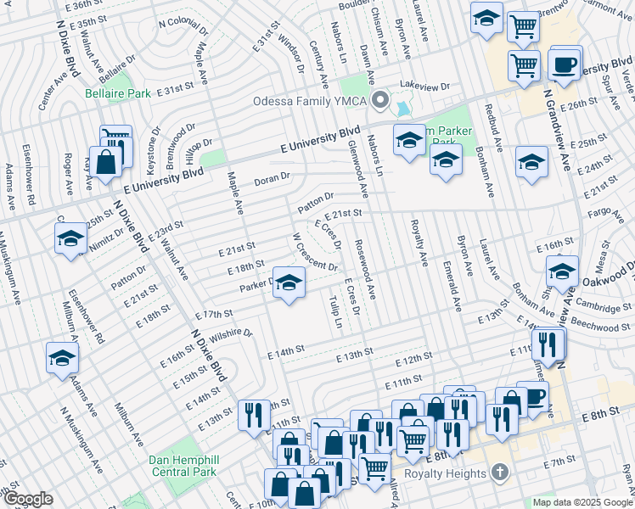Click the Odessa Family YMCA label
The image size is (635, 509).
point(312,102)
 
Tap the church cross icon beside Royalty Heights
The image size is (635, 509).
point(501,472)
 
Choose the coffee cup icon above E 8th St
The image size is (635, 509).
point(532,397)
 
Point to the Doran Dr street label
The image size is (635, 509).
point(273,179)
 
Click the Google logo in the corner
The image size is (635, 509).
point(27,499)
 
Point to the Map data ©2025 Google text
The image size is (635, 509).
point(582,502)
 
